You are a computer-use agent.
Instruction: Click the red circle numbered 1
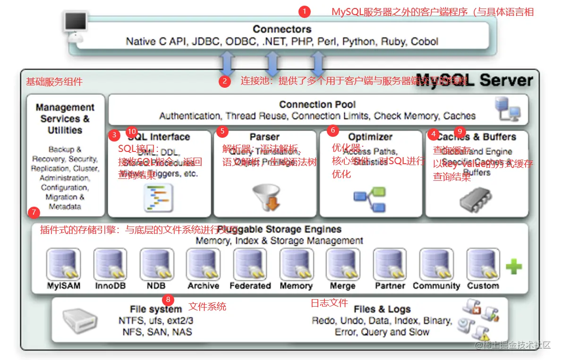pos(305,11)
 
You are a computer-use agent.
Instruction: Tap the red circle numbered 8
pos(168,300)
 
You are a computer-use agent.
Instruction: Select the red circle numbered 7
pos(33,212)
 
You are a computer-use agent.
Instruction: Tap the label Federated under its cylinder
pos(250,286)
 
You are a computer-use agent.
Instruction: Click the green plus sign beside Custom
pos(513,267)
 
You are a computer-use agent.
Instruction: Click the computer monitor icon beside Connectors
pos(75,24)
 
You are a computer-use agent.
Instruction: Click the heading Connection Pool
pos(317,105)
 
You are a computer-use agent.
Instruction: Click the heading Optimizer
pos(370,137)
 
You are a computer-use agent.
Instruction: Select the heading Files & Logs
pos(382,310)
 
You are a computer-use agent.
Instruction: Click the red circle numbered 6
pos(332,130)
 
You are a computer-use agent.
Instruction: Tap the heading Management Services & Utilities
pos(65,119)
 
